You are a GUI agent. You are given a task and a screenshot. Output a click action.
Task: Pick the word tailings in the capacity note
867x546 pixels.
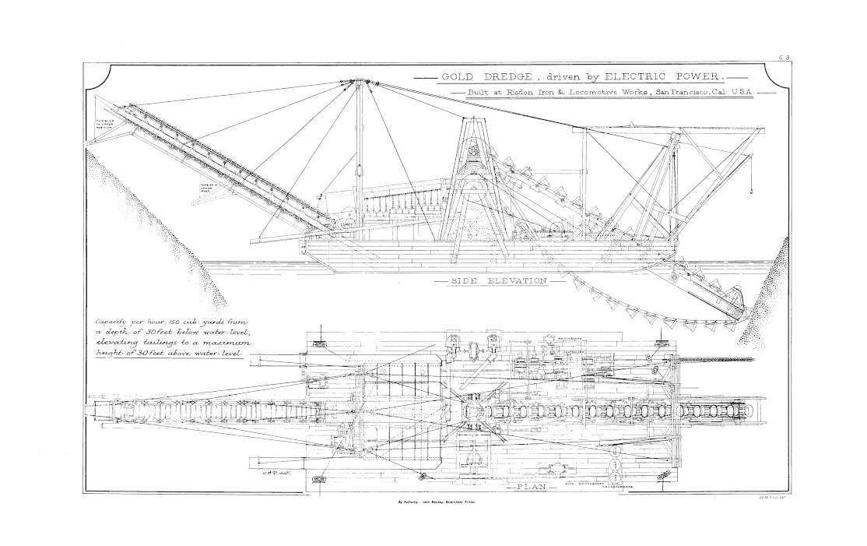159,342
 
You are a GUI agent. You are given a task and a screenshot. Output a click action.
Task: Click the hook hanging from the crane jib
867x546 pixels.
752,188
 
